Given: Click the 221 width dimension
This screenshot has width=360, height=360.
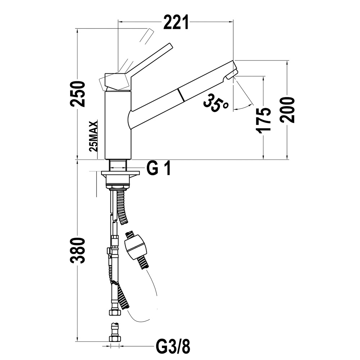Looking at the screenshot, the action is (x=176, y=22).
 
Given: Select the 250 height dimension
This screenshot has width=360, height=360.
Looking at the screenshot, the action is (x=78, y=94).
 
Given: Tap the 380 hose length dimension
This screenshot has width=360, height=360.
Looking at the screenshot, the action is (x=78, y=251).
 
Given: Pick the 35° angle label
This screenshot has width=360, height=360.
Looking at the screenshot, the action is (x=215, y=103).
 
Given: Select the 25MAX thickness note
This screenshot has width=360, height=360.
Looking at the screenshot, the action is (x=94, y=136).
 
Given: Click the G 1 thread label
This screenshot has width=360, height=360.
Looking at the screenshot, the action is (x=158, y=168).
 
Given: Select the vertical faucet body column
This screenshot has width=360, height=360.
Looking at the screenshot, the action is (x=118, y=125).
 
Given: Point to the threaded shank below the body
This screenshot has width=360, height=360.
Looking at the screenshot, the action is (x=118, y=165).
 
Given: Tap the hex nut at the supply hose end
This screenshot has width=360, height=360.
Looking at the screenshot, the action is (x=114, y=312).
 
